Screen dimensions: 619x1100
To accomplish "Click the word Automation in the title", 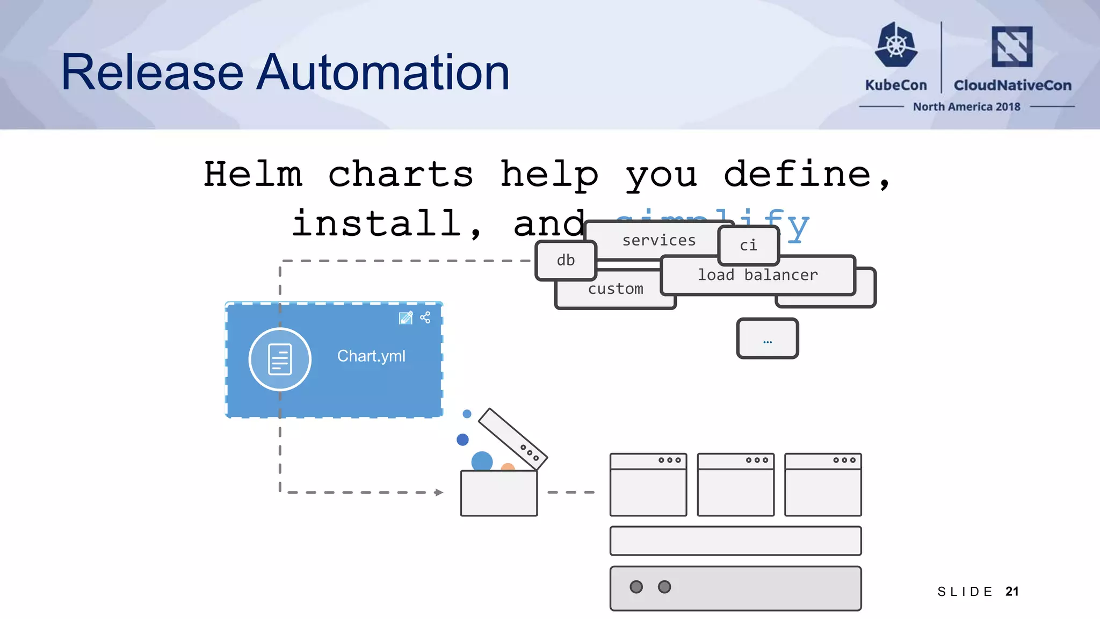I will click(x=382, y=73).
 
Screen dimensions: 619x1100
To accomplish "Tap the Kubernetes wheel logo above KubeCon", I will click(x=896, y=45).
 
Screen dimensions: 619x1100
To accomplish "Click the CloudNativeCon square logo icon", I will click(x=1012, y=47).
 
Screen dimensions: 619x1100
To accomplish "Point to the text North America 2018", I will click(x=966, y=107).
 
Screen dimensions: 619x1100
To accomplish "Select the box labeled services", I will click(x=658, y=240).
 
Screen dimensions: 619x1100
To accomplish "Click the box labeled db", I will click(x=566, y=261).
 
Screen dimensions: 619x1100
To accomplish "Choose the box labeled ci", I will click(x=748, y=246).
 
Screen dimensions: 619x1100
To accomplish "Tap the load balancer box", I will click(x=757, y=275).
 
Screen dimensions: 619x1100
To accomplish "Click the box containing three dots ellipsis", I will click(x=768, y=339).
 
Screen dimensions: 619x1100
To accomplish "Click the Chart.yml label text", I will click(x=371, y=356).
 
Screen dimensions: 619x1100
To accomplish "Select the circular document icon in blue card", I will click(x=280, y=359).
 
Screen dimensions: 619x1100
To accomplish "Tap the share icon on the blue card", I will click(x=425, y=318).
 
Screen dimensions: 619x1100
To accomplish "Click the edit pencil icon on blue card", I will click(x=406, y=318).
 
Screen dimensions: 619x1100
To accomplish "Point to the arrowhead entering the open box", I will click(x=439, y=492).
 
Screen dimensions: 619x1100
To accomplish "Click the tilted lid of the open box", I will click(x=512, y=438).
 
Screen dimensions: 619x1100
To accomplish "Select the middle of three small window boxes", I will click(x=735, y=485).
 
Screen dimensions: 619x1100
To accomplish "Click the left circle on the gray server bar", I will click(x=636, y=587).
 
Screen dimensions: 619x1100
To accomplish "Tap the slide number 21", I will click(x=1012, y=592).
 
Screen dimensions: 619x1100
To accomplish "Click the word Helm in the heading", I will click(x=253, y=175).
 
